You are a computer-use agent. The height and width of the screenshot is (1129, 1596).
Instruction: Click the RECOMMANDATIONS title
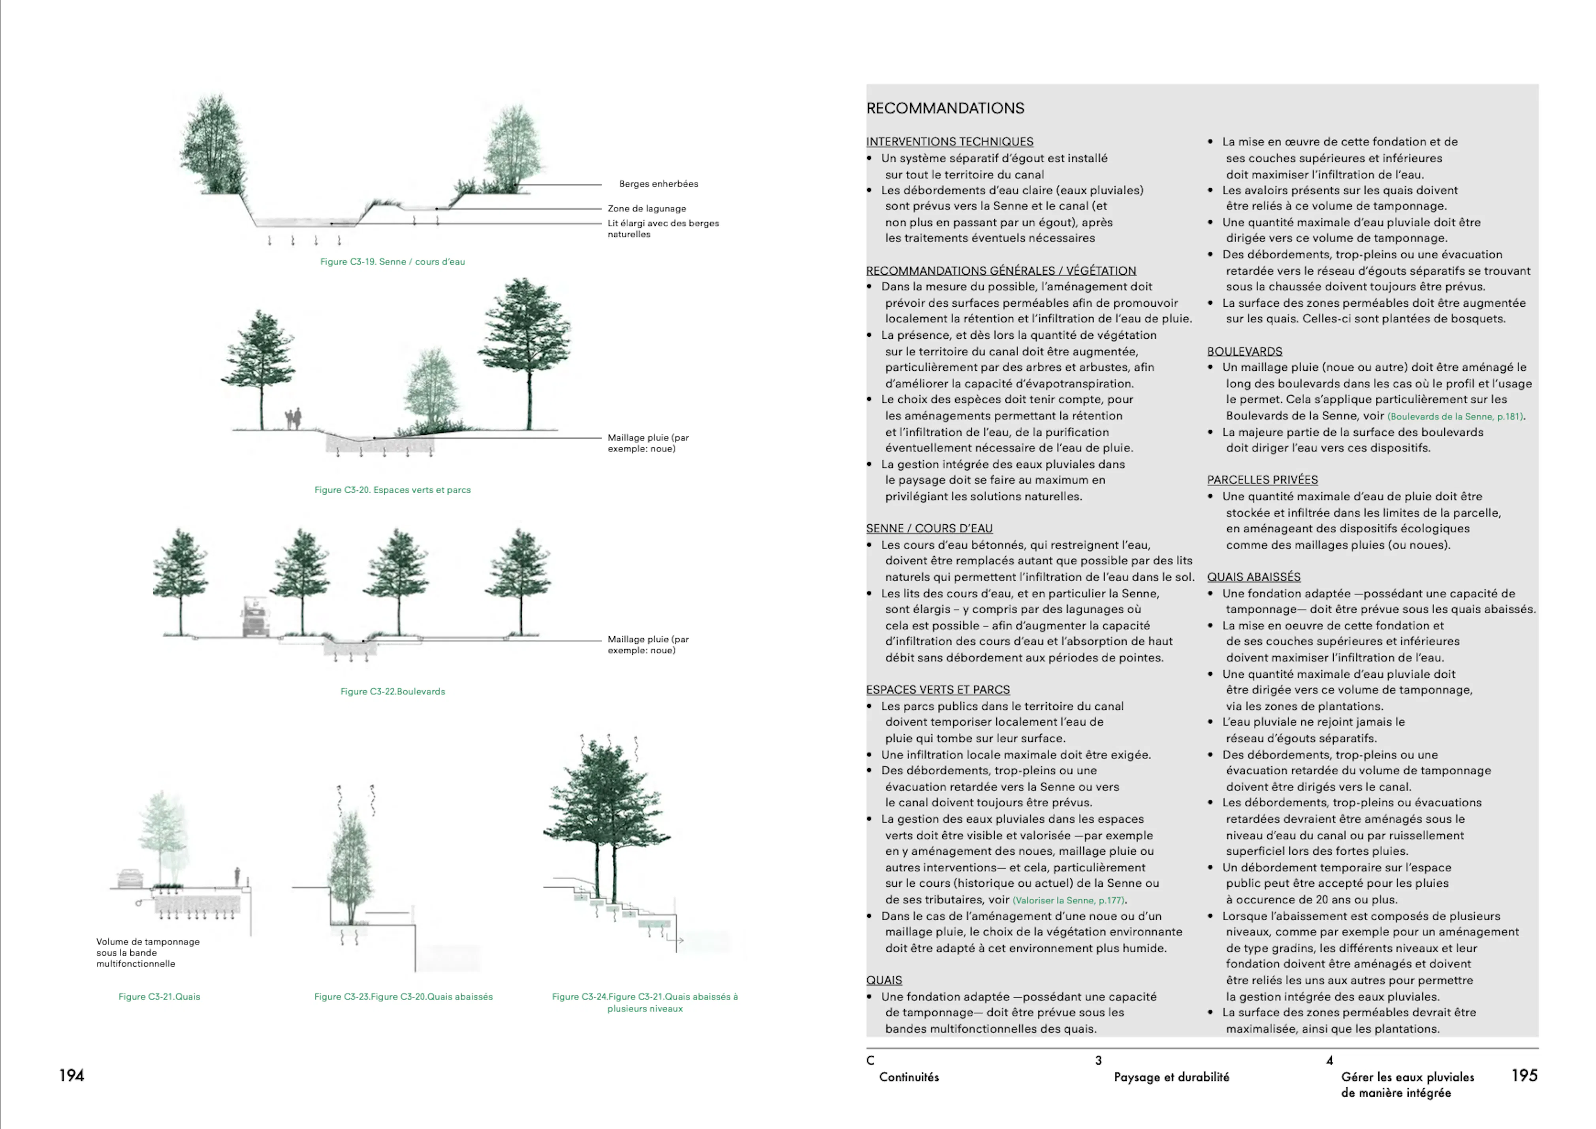(945, 108)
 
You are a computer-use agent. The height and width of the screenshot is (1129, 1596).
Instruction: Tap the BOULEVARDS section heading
(1244, 352)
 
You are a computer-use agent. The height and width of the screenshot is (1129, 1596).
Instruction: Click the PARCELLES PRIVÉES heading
(1262, 480)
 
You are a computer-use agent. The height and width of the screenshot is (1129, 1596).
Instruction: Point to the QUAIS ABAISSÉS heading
(1253, 577)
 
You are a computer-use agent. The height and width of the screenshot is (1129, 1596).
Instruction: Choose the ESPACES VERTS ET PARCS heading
(938, 690)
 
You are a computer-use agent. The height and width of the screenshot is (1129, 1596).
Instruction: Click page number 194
(72, 1076)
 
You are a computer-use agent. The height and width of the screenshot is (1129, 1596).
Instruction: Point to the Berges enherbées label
(658, 184)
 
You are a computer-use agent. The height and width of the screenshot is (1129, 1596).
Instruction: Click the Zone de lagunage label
(646, 209)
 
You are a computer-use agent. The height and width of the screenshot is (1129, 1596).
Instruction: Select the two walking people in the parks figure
(294, 419)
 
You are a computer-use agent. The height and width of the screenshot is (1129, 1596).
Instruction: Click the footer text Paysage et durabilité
(1171, 1077)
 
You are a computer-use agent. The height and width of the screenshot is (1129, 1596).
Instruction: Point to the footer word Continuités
(909, 1077)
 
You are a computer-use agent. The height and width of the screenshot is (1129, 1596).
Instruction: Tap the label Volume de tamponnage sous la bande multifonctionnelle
(147, 952)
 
